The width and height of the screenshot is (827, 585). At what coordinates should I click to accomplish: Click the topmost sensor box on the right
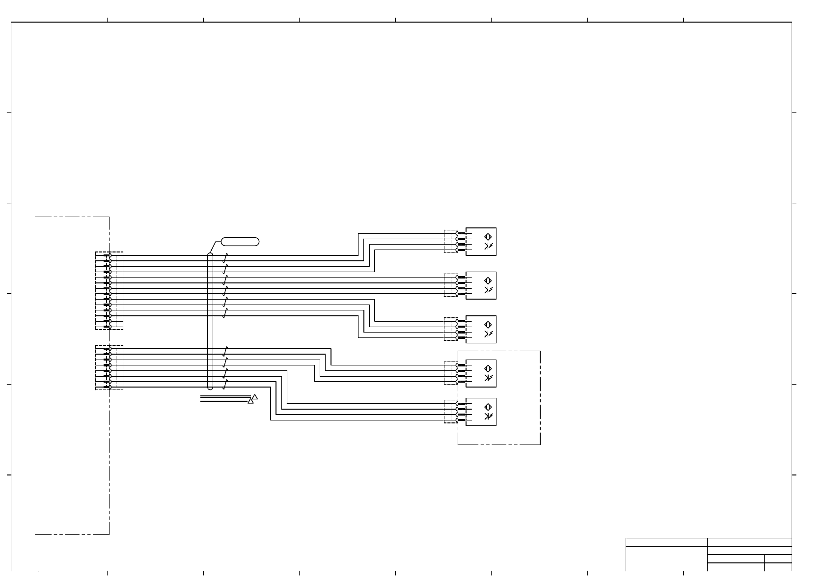(481, 242)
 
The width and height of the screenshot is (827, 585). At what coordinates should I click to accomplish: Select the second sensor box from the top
(481, 285)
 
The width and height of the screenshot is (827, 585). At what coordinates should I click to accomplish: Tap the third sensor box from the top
(481, 329)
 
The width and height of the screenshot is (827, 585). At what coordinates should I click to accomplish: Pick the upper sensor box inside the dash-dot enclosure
(481, 373)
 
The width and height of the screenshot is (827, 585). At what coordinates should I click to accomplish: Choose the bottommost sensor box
(481, 412)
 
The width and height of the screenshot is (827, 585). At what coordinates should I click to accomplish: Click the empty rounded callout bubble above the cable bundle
(240, 241)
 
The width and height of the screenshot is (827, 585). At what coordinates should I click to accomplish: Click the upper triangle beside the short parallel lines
(255, 396)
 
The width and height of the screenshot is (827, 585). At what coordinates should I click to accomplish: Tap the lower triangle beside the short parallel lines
(250, 401)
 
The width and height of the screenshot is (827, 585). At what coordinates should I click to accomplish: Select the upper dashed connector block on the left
(109, 291)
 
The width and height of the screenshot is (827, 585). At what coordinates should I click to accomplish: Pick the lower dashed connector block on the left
(109, 367)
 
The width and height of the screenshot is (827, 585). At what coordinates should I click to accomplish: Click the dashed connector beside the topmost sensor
(450, 242)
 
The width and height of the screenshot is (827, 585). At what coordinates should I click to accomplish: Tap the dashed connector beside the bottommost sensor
(450, 412)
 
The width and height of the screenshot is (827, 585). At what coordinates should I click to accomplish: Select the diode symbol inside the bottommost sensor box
(488, 417)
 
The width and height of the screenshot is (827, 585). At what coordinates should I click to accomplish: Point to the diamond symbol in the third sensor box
(488, 324)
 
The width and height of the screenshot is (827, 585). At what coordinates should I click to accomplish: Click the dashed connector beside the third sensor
(450, 329)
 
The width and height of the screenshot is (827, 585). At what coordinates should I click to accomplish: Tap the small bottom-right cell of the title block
(778, 567)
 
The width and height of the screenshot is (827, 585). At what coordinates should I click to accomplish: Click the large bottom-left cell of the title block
(666, 558)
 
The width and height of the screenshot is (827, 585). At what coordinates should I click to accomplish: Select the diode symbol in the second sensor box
(488, 290)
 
